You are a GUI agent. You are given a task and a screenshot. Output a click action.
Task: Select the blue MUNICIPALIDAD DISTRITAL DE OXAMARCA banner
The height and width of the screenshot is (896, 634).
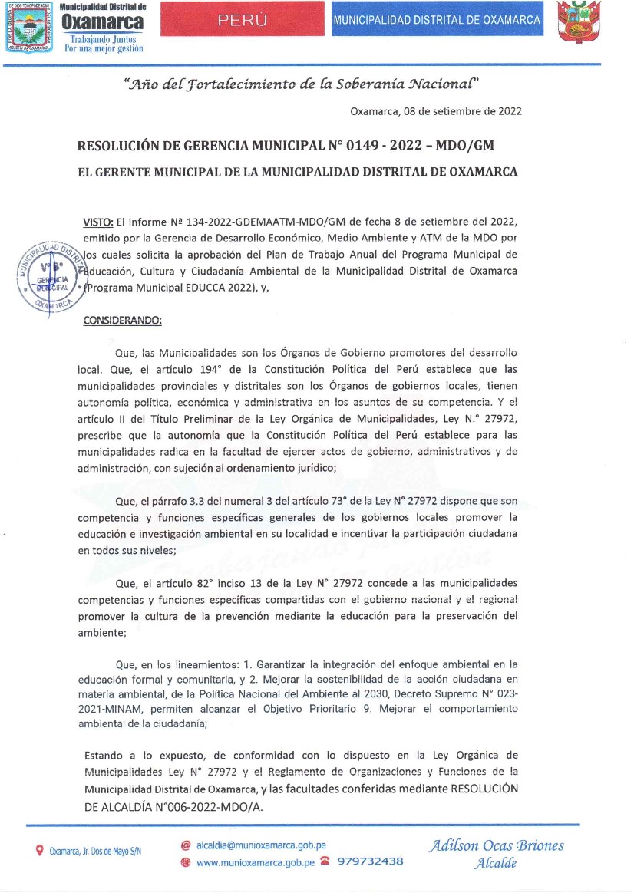(x=437, y=21)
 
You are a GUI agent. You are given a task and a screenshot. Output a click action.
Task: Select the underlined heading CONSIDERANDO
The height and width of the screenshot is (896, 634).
(x=122, y=321)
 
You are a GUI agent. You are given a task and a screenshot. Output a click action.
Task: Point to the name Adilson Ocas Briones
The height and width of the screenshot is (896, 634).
(x=496, y=845)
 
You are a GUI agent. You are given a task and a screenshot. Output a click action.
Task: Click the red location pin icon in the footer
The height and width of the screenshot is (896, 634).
(x=40, y=851)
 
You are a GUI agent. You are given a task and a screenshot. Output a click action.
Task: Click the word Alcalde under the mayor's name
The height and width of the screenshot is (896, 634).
(x=495, y=863)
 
